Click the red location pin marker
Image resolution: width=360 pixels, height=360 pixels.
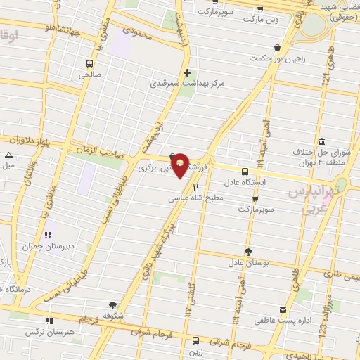pyautogui.click(x=181, y=165)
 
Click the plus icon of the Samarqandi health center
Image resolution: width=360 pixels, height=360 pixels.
pyautogui.click(x=187, y=72)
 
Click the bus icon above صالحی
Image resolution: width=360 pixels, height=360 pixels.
pyautogui.click(x=90, y=62)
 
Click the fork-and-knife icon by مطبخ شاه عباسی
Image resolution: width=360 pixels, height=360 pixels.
pyautogui.click(x=195, y=188)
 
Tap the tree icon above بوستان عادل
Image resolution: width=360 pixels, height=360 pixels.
pyautogui.click(x=247, y=252)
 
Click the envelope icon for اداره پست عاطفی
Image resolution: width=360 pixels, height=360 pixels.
pyautogui.click(x=283, y=310)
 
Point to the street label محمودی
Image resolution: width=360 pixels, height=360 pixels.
pyautogui.click(x=137, y=32)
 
